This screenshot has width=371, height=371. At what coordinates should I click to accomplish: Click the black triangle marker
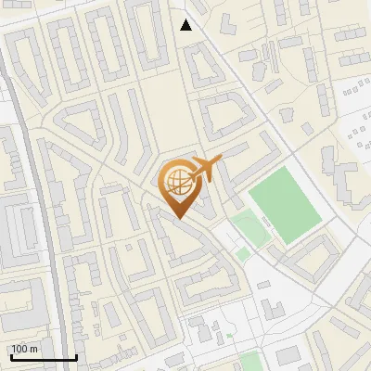pyautogui.click(x=186, y=25)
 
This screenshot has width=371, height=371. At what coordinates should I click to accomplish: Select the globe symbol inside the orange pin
pyautogui.click(x=176, y=179)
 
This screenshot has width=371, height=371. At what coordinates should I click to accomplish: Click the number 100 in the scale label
pyautogui.click(x=20, y=349)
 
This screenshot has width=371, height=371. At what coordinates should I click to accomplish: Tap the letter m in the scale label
pyautogui.click(x=34, y=349)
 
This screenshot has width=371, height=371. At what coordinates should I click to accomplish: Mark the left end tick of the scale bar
pyautogui.click(x=10, y=356)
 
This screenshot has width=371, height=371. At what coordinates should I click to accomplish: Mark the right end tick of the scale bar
pyautogui.click(x=76, y=356)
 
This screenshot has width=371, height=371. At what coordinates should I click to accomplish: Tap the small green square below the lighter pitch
pyautogui.click(x=243, y=253)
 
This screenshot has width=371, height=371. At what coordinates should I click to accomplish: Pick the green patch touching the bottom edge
pyautogui.click(x=249, y=362)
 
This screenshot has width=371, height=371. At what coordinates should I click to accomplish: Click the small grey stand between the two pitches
pyautogui.click(x=267, y=221)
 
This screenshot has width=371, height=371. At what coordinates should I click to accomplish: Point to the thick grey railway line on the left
pyautogui.click(x=37, y=185)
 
